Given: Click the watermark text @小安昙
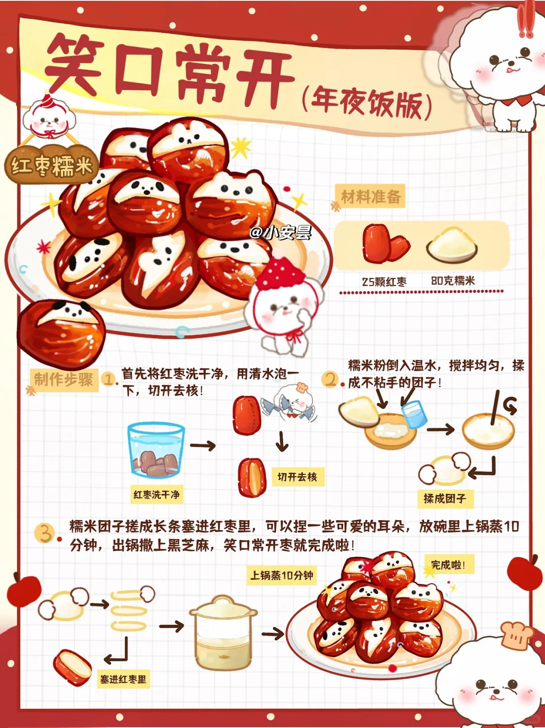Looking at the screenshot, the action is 281,233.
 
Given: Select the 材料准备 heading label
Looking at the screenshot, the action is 371,197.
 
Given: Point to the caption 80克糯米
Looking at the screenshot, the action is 453,281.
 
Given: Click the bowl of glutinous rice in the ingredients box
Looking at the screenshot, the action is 452,244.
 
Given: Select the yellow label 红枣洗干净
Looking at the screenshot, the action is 156,495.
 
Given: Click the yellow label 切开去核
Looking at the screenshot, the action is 298,477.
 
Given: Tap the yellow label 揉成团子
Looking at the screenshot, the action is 445,498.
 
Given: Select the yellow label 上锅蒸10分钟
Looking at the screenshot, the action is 282,576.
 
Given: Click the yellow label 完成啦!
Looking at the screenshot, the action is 449,565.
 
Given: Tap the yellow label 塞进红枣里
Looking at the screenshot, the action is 123,680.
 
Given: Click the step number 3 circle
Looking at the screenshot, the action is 44,533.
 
